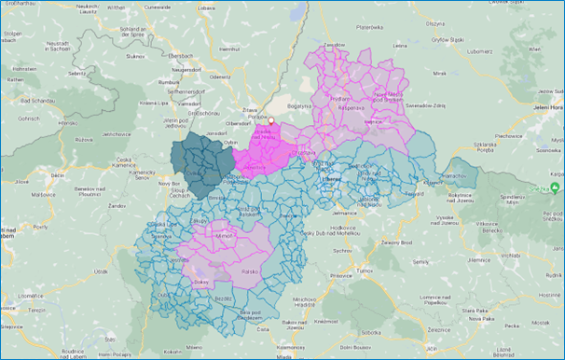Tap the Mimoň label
tap(225, 237)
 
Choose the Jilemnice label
tap(502, 253)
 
